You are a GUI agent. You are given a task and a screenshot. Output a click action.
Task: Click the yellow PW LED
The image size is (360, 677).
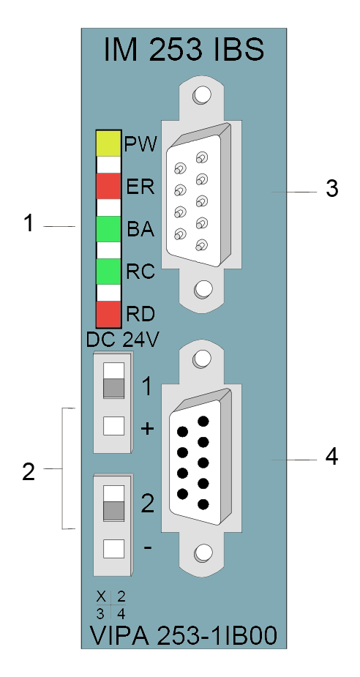(108, 143)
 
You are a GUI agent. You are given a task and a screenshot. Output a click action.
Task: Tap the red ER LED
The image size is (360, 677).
(108, 187)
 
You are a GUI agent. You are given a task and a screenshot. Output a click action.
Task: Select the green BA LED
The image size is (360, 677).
(108, 229)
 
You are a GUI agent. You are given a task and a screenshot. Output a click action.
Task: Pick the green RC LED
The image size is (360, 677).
(108, 272)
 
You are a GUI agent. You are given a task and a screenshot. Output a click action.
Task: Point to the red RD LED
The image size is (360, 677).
(108, 314)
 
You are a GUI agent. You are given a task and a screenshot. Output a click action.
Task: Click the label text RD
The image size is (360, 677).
(140, 314)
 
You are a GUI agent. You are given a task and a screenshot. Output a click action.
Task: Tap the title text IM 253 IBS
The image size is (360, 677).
(184, 50)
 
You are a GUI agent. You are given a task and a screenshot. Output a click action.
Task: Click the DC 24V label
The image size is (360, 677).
(122, 340)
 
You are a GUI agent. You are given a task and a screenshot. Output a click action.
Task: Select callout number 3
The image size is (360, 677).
(331, 189)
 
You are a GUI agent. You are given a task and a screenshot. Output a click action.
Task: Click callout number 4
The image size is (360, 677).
(331, 457)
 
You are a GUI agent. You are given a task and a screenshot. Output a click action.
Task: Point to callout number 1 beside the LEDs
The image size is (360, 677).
(29, 224)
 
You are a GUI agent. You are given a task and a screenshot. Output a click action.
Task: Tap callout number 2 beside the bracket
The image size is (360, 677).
(29, 472)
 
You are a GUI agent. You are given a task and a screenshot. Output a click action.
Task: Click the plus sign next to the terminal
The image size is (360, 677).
(148, 429)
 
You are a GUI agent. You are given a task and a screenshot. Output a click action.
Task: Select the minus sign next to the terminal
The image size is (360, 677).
(148, 547)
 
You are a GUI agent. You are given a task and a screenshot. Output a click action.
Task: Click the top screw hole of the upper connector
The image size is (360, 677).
(202, 94)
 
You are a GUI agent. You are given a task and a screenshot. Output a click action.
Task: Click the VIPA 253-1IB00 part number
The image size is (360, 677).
(184, 635)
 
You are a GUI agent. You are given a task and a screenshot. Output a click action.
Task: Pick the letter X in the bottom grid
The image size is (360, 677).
(101, 596)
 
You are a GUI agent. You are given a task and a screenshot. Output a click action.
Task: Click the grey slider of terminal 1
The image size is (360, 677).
(113, 388)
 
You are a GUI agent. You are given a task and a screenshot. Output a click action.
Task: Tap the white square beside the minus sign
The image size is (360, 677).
(113, 549)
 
